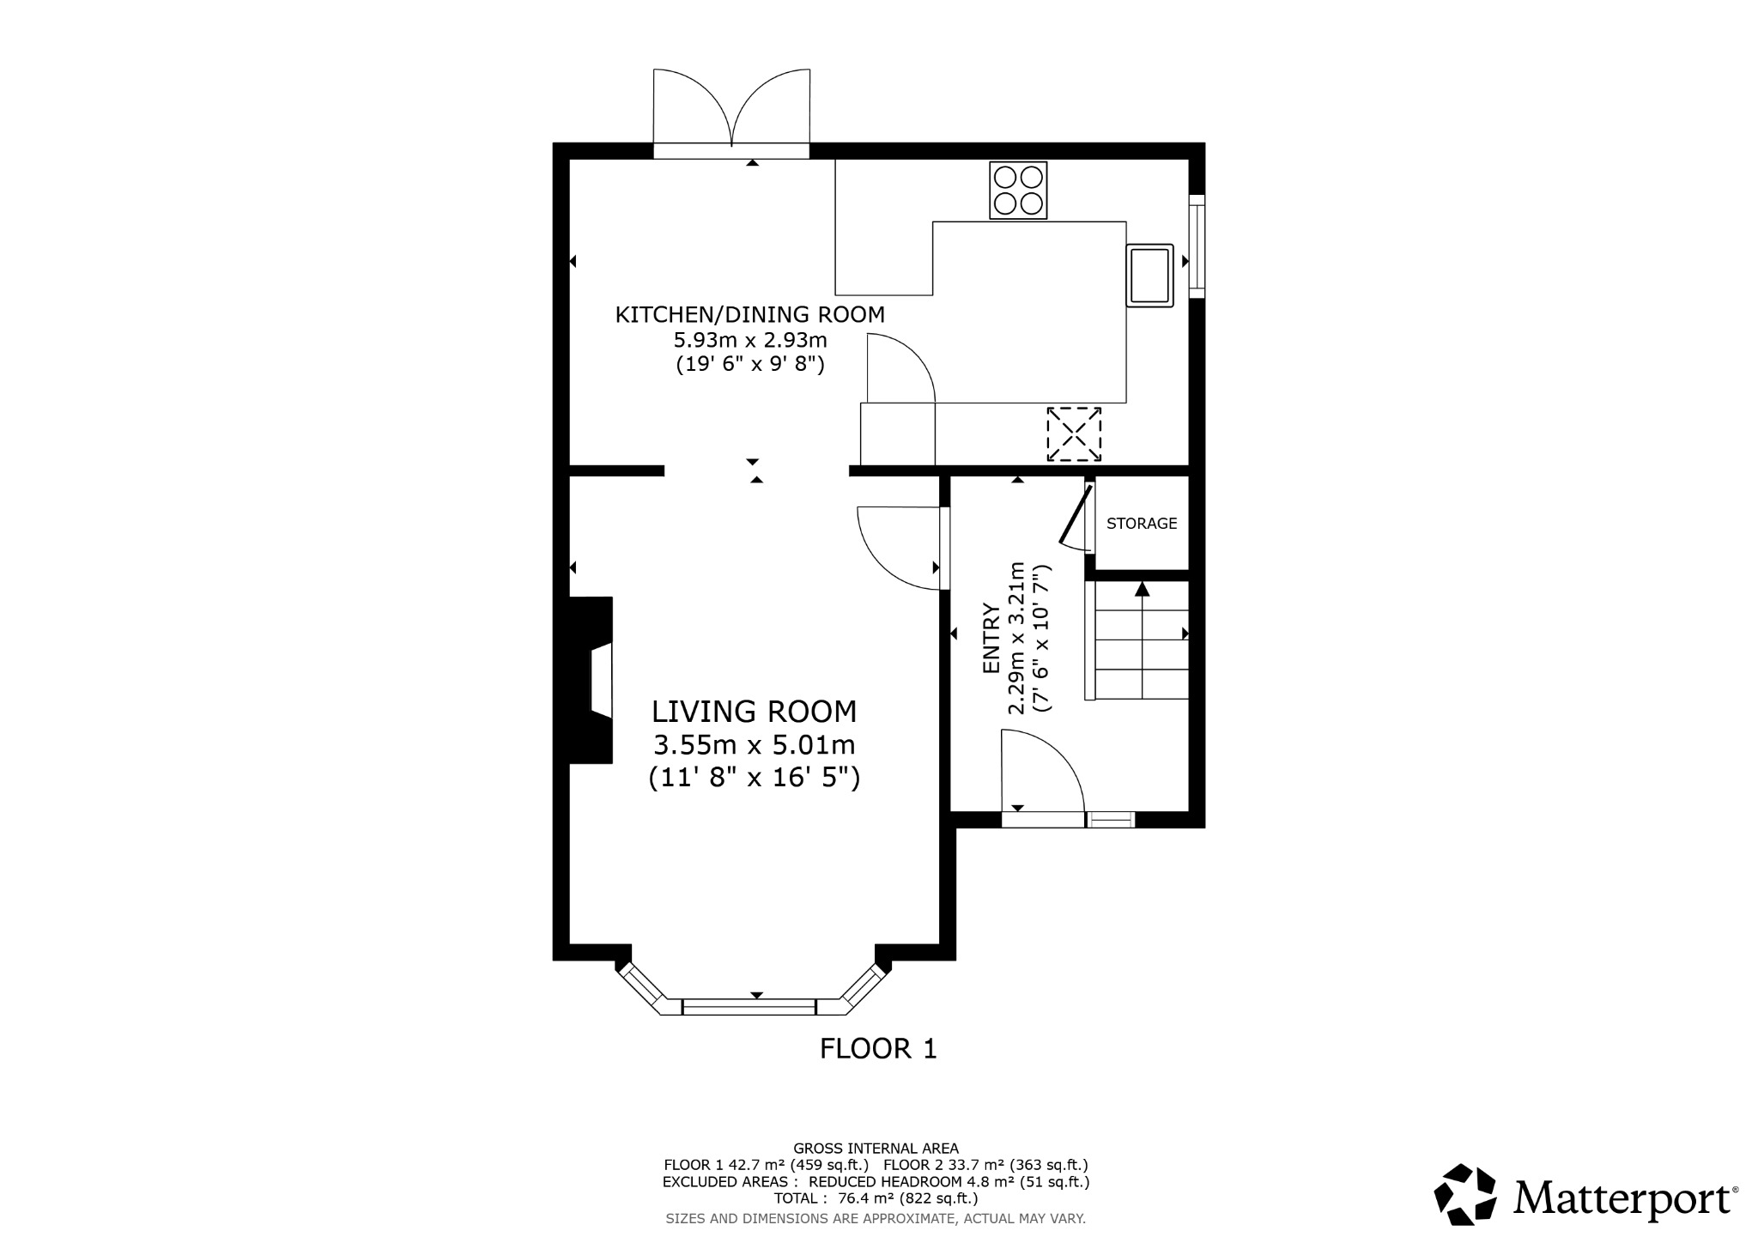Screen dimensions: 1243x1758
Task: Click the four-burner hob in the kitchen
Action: (x=1018, y=190)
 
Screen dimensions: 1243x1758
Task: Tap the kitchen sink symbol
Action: (x=1149, y=275)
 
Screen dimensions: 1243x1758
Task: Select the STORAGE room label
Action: (x=1142, y=524)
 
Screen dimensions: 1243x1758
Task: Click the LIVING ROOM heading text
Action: (x=754, y=712)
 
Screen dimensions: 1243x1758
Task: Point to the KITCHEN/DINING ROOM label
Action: (x=749, y=314)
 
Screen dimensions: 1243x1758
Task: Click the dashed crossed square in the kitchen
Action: (x=1074, y=434)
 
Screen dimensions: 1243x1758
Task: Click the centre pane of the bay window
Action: (x=749, y=1007)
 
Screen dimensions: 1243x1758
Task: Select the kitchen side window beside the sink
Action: (x=1197, y=246)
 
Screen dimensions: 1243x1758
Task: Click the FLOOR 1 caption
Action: (x=878, y=1049)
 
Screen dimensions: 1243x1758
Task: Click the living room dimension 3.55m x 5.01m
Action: (x=754, y=744)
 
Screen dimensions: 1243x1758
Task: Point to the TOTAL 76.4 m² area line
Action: (x=876, y=1198)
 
